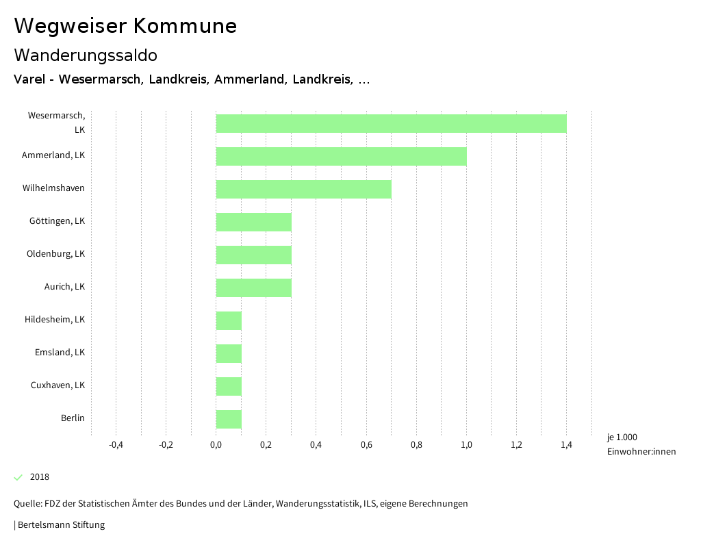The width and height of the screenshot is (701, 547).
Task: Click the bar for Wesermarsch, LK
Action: (x=391, y=123)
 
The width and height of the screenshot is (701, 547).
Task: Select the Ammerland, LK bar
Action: (x=341, y=156)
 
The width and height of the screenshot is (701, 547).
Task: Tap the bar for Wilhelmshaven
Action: (x=303, y=189)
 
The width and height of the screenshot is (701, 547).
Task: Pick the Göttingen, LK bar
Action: (x=253, y=222)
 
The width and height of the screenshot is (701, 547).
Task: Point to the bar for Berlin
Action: (x=229, y=419)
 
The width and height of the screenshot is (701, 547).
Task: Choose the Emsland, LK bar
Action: (x=229, y=353)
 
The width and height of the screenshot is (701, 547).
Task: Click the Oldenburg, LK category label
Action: (x=55, y=254)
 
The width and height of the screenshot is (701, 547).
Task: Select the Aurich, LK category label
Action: (x=64, y=287)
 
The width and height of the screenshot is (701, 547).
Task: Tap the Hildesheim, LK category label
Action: (x=55, y=320)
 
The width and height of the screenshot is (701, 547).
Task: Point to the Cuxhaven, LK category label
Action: (x=58, y=385)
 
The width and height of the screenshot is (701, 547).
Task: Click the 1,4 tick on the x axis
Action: (x=566, y=445)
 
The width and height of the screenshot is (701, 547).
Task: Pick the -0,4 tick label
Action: (x=116, y=445)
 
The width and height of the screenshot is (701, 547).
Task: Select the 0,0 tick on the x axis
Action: (x=216, y=445)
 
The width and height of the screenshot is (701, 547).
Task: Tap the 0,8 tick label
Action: (x=416, y=445)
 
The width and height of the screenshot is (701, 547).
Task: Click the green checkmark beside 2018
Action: (x=18, y=477)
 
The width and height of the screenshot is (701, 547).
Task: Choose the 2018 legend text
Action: (x=40, y=477)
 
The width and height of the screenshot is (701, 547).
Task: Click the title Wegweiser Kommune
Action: (x=125, y=26)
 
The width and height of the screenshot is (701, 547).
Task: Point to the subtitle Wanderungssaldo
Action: (x=86, y=55)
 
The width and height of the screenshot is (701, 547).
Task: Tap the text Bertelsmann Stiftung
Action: (x=61, y=525)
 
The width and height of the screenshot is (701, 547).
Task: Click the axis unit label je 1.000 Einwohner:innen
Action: (x=641, y=444)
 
